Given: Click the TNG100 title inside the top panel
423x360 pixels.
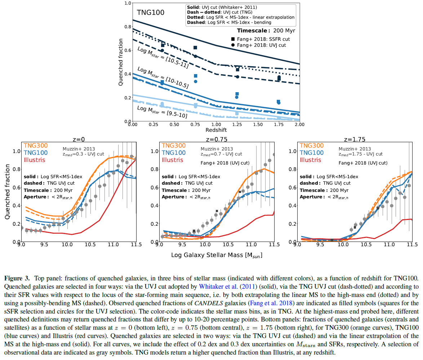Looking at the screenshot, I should point(151,13).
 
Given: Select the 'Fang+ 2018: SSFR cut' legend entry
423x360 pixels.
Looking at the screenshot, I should point(264,39).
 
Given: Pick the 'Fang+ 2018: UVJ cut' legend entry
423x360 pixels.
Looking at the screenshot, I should point(262,45).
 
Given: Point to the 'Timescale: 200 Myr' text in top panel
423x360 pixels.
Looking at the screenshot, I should point(266,31).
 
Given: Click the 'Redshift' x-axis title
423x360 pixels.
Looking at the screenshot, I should point(216,130).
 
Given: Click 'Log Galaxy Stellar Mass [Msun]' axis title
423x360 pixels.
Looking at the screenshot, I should point(217,255).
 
